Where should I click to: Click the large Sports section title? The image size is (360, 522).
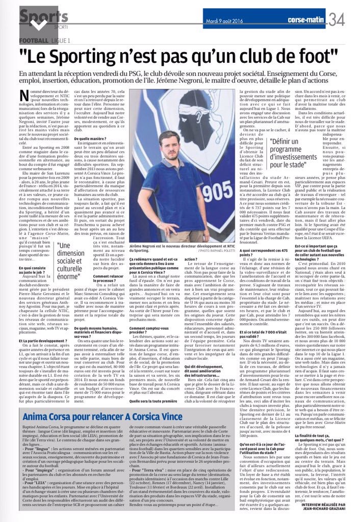(x=43, y=15)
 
